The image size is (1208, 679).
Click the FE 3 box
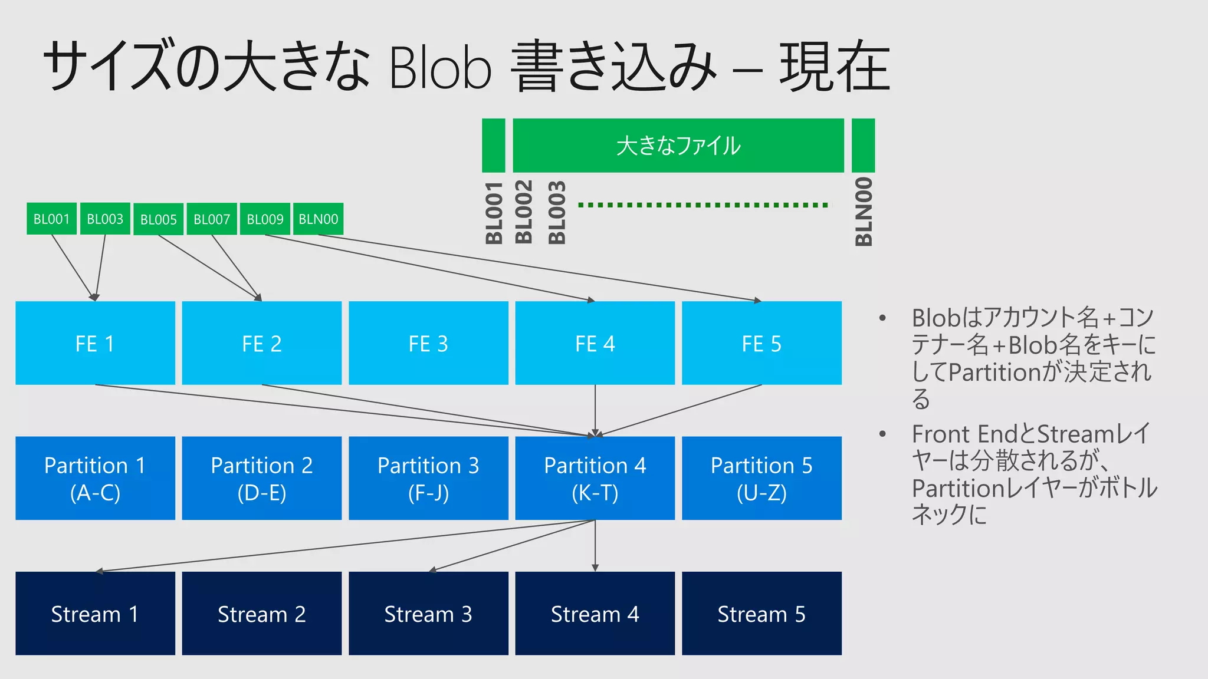428,343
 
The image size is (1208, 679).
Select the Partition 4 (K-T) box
595,478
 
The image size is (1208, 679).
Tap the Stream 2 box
261,613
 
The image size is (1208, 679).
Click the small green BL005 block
158,219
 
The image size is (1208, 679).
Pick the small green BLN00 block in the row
318,219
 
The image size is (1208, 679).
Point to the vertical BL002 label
524,212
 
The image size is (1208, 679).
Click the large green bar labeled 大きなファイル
678,146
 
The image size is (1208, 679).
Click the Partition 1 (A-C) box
95,478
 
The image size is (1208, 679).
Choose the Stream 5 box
761,613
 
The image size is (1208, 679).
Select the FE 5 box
761,343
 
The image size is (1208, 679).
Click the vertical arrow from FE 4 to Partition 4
595,410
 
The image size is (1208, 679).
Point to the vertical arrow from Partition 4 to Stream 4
595,545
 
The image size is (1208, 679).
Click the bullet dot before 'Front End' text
882,434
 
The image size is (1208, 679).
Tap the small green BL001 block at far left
51,219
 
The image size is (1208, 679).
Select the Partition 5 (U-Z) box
761,478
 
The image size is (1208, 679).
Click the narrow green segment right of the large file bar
863,146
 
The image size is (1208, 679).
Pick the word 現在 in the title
834,66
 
